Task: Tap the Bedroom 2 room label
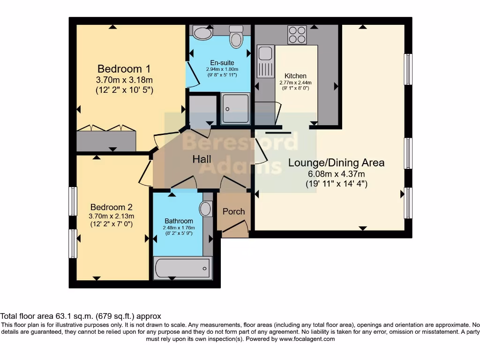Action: (x=112, y=207)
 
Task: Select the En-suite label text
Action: (x=222, y=63)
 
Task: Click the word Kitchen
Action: (x=295, y=76)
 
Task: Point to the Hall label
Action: (x=202, y=159)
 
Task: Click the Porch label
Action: (x=233, y=211)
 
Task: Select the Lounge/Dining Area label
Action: (x=336, y=163)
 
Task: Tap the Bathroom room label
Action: (x=179, y=221)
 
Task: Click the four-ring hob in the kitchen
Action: (x=297, y=35)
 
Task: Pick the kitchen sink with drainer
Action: (x=265, y=61)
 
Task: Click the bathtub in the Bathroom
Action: (x=182, y=268)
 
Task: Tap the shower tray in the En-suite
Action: (x=235, y=108)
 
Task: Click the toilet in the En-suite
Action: (x=236, y=36)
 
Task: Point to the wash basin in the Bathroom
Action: (x=206, y=209)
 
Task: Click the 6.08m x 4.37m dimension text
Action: (x=336, y=174)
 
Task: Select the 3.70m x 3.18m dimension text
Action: (x=124, y=80)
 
